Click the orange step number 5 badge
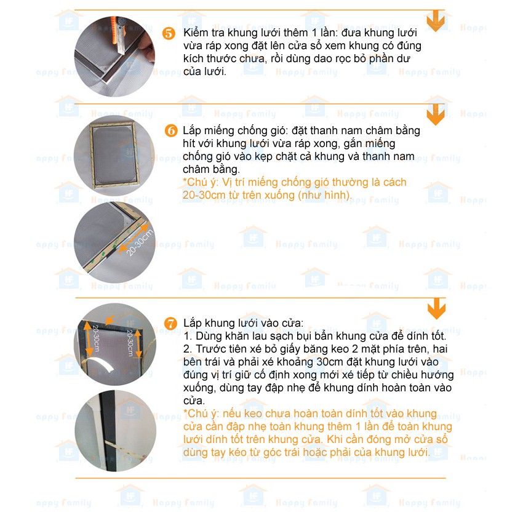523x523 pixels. tap(169, 33)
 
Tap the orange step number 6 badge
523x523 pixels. tap(171, 130)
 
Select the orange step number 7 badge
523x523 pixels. tap(171, 323)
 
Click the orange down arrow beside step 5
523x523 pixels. tap(436, 21)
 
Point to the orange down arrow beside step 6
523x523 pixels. tap(436, 114)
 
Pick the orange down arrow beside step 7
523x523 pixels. tap(437, 308)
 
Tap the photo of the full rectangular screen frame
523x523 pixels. tap(114, 156)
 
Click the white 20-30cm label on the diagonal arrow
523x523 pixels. tap(140, 242)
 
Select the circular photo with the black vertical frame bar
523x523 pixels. tap(116, 431)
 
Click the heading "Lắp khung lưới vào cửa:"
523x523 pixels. tap(244, 323)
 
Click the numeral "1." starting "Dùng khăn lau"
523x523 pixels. tap(188, 336)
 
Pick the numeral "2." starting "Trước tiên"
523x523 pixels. tap(188, 349)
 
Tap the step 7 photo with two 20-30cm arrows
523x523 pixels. tap(116, 344)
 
